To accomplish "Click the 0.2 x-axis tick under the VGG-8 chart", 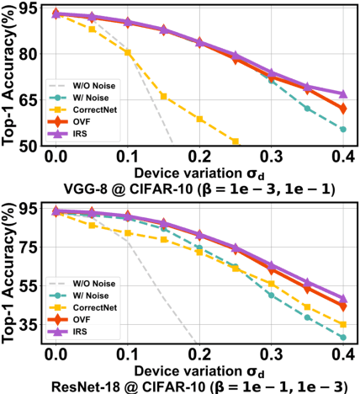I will tap(199, 157).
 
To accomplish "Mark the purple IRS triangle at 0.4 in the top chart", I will tap(342, 93).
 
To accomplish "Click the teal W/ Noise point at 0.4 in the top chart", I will tap(342, 129).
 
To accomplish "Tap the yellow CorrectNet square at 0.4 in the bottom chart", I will tap(342, 324).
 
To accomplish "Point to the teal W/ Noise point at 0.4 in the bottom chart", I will tap(342, 338).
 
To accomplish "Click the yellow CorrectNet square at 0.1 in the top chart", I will tap(128, 52).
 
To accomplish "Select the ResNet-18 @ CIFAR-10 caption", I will tap(199, 385).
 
